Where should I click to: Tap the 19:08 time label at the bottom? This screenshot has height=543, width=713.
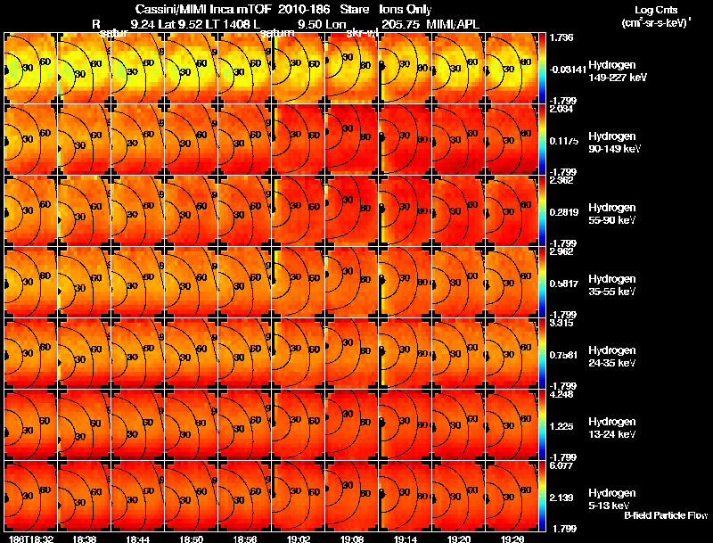coord(353,539)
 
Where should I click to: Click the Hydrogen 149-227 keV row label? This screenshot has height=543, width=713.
coord(619,71)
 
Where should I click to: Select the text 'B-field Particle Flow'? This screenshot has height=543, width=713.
coord(665,515)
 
